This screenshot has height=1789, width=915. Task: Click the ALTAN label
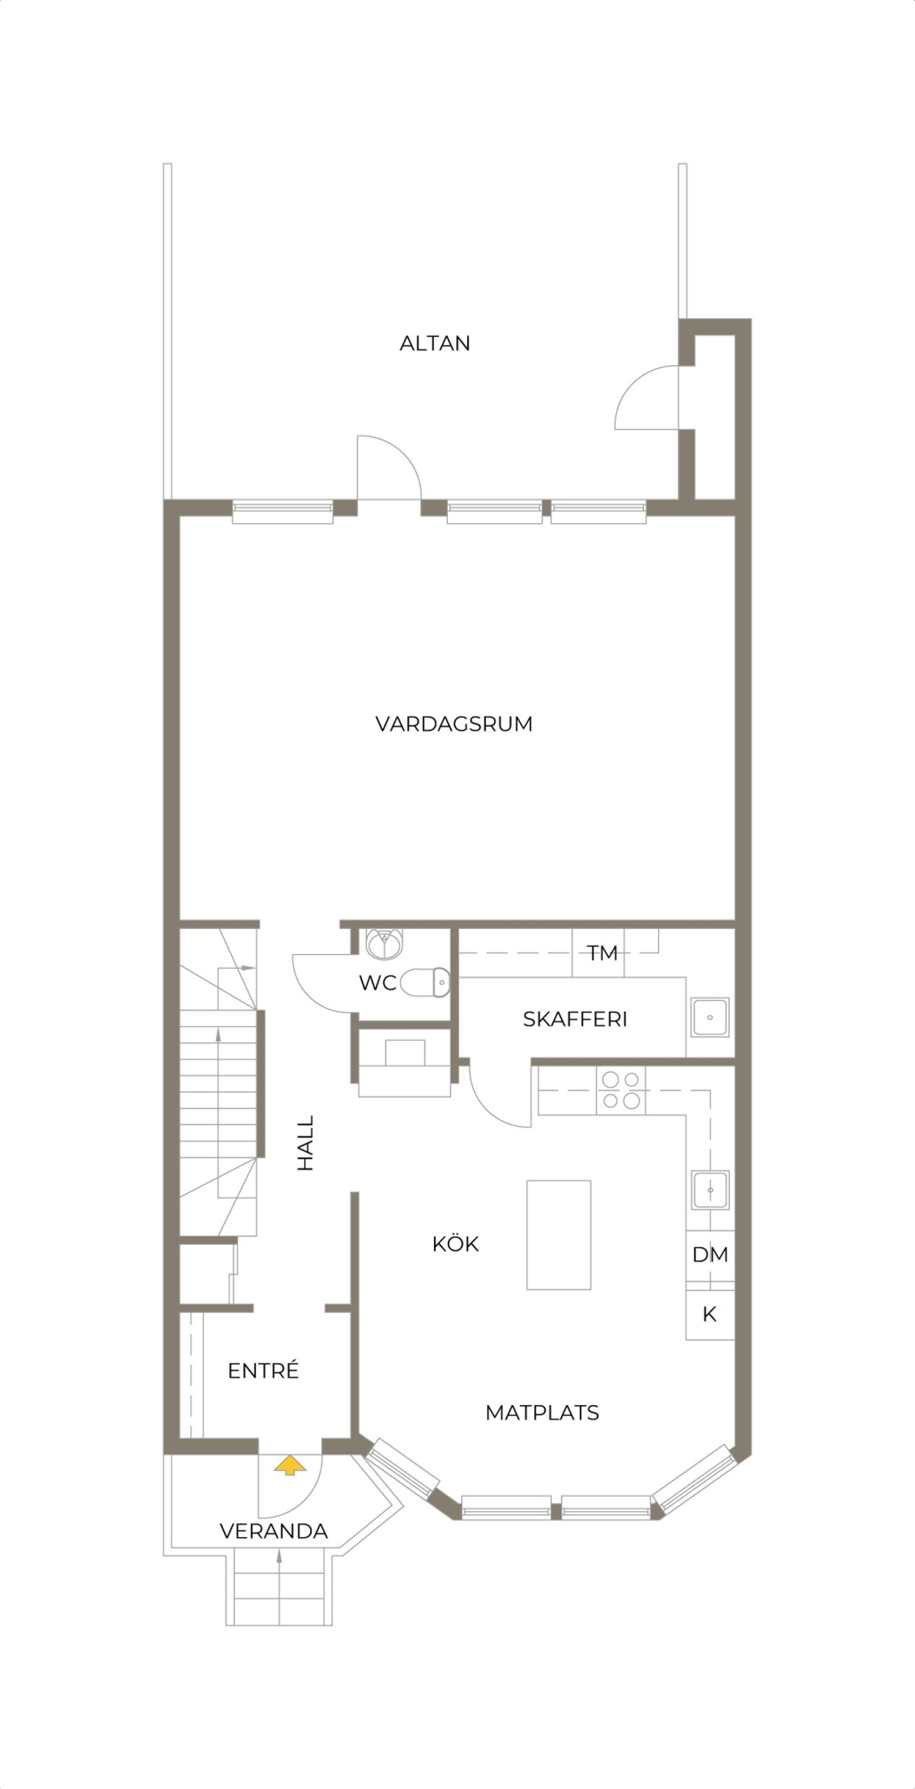[x=435, y=343]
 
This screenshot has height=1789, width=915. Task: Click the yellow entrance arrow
[x=289, y=1466]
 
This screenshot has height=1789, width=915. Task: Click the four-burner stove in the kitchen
[x=620, y=1090]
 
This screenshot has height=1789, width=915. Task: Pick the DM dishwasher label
[x=710, y=1254]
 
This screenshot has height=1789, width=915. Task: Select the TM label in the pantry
[x=602, y=953]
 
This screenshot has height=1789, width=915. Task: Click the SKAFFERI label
[x=575, y=1019]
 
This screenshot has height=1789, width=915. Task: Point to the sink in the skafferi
[x=710, y=1018]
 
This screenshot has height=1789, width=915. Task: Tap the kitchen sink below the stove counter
[x=710, y=1190]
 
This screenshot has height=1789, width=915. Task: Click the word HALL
[x=306, y=1142]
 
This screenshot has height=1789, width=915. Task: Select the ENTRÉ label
[x=263, y=1370]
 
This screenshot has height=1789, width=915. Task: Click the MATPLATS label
[x=542, y=1412]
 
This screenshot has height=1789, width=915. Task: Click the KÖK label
[x=455, y=1244]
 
